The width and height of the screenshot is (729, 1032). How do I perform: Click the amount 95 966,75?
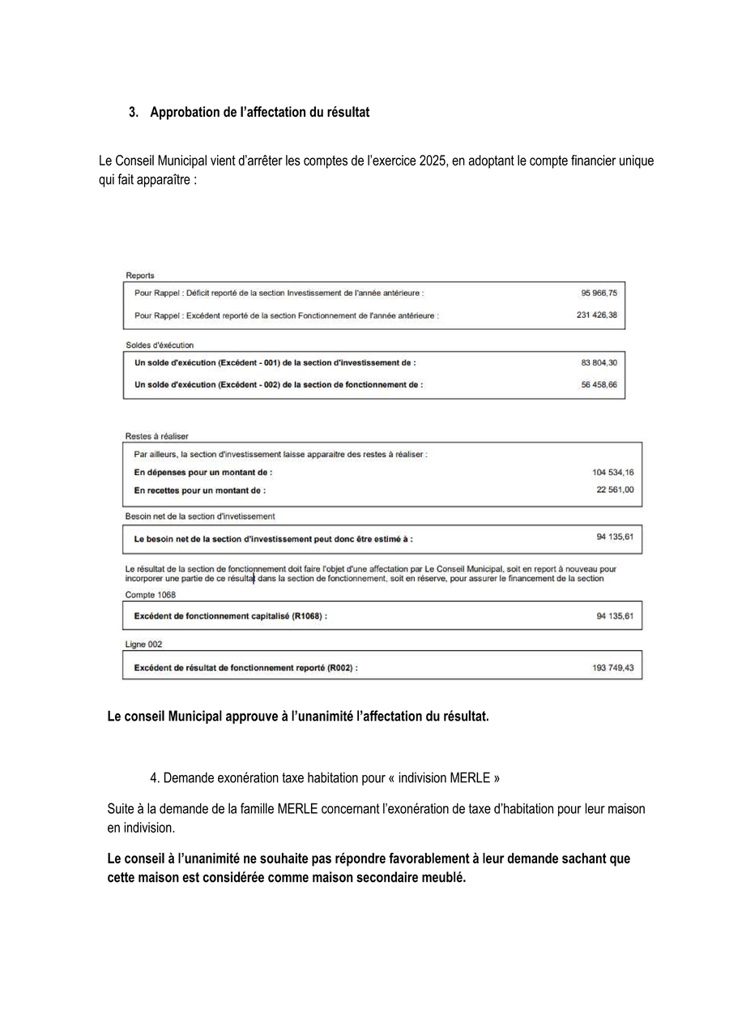[599, 293]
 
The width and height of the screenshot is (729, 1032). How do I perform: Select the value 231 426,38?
[596, 315]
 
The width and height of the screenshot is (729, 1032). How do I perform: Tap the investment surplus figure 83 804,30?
[599, 363]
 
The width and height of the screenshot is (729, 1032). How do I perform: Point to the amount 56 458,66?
[599, 385]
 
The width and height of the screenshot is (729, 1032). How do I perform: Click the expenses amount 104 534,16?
[613, 472]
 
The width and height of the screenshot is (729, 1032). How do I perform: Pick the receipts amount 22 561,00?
[615, 490]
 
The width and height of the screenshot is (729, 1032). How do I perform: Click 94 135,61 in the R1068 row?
[615, 617]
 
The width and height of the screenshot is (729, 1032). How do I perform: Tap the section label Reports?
[140, 276]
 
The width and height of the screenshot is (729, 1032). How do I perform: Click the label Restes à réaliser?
[157, 436]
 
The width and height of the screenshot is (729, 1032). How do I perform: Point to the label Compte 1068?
[151, 595]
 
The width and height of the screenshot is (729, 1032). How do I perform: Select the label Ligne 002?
[143, 644]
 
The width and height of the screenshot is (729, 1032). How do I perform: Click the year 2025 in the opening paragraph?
[433, 161]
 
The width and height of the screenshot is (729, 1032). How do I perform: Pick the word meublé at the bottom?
[445, 879]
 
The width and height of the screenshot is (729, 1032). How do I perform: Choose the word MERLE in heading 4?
[470, 778]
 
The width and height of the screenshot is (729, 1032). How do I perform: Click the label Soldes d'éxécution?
[160, 345]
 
